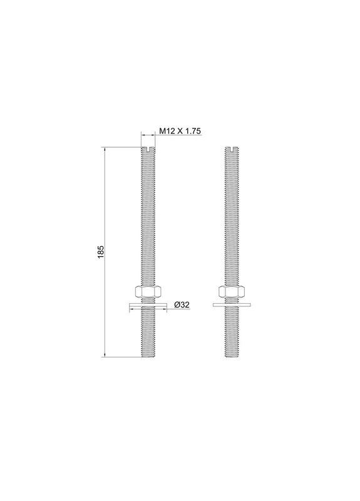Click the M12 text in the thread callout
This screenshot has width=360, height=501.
tap(167, 131)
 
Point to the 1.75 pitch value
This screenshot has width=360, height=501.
tap(193, 131)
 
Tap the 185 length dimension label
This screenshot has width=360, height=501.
tap(101, 252)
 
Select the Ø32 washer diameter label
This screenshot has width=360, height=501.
tap(182, 304)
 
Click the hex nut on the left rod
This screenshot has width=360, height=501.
tap(148, 291)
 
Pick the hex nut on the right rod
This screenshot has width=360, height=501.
tap(232, 291)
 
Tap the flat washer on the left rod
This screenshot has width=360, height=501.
tap(148, 305)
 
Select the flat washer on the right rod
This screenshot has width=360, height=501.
tap(232, 305)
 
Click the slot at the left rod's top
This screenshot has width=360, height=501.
tap(148, 148)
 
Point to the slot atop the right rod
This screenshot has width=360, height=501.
tap(232, 148)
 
